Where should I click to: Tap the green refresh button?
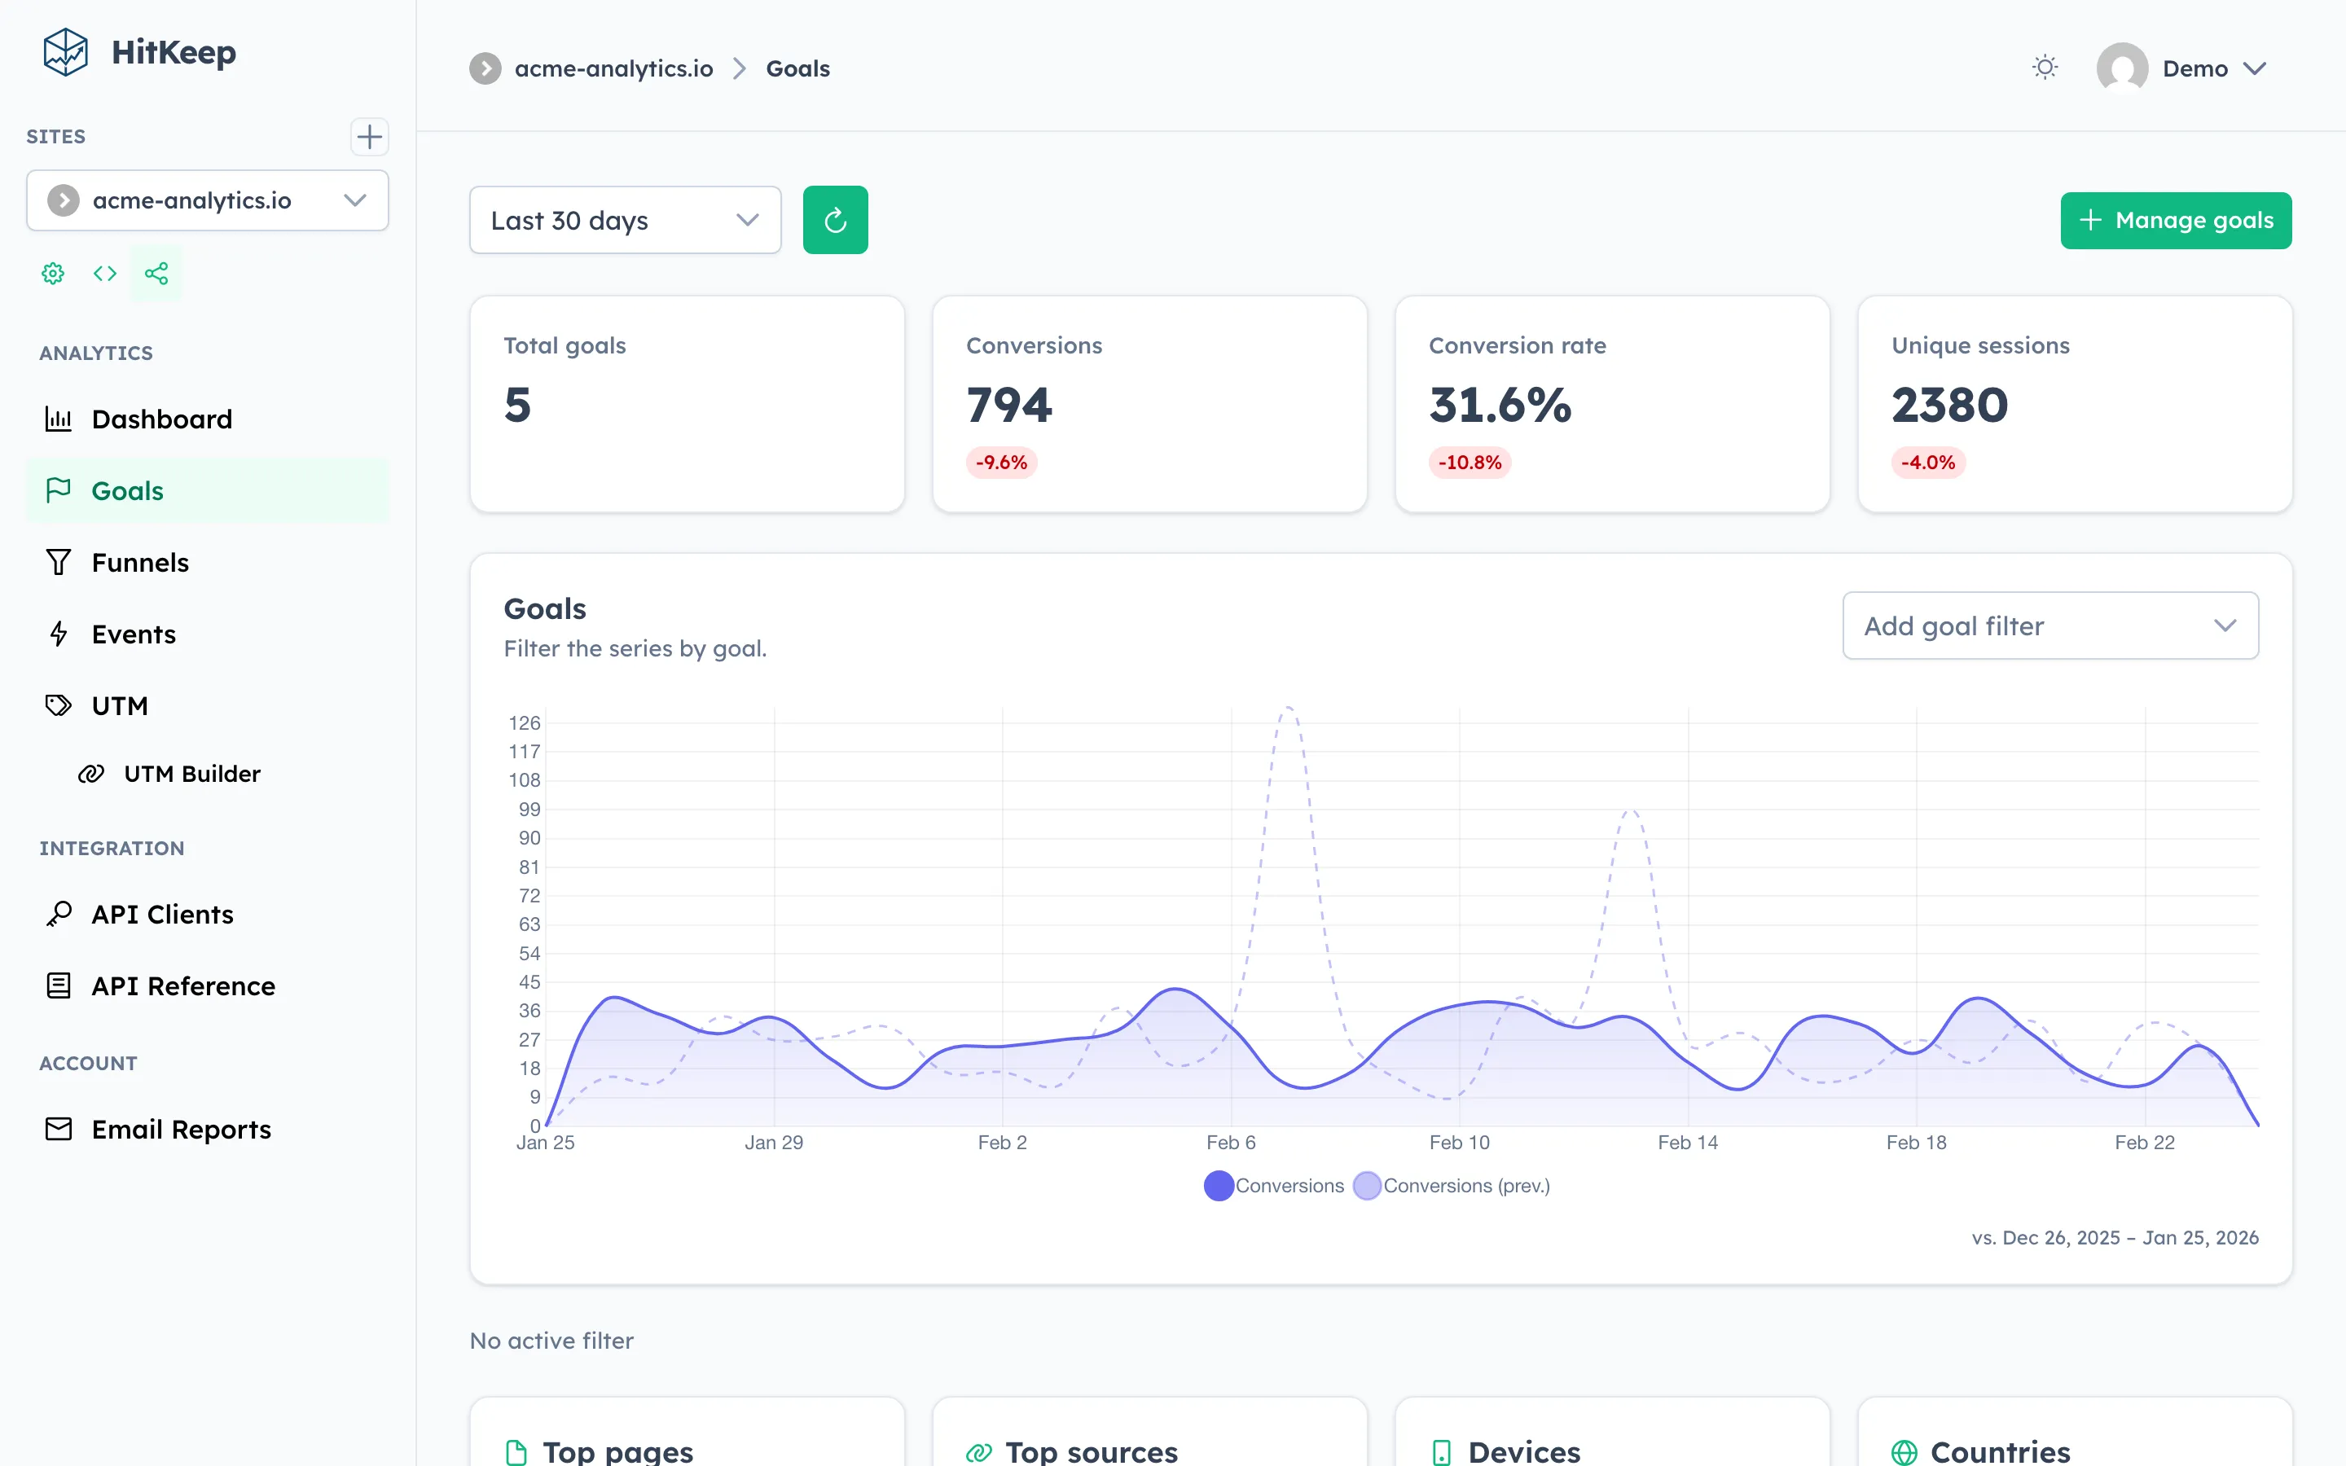(835, 220)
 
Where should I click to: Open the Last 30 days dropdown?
(624, 220)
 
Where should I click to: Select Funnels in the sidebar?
(139, 562)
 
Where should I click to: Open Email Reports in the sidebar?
(180, 1130)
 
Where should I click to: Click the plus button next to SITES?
(368, 137)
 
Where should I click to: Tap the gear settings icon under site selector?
(53, 274)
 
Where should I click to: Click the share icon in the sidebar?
(156, 274)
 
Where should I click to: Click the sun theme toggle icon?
(2045, 68)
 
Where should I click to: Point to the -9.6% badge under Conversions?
(1000, 463)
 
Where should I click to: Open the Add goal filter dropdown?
(2049, 625)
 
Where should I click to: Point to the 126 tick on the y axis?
(525, 723)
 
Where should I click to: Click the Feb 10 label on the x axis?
(1459, 1142)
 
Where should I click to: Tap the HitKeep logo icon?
(66, 51)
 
